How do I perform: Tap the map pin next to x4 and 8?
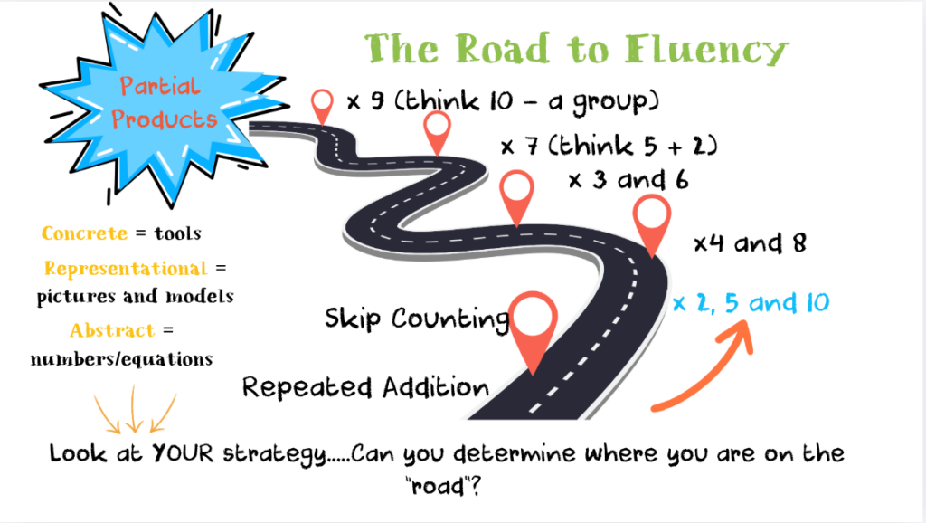(651, 224)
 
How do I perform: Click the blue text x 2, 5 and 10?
(750, 302)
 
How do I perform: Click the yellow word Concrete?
(84, 234)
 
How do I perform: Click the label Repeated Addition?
(365, 388)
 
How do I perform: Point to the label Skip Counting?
(417, 319)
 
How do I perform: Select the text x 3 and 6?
(628, 180)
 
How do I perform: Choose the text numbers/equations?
(121, 358)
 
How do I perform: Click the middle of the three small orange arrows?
(134, 412)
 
